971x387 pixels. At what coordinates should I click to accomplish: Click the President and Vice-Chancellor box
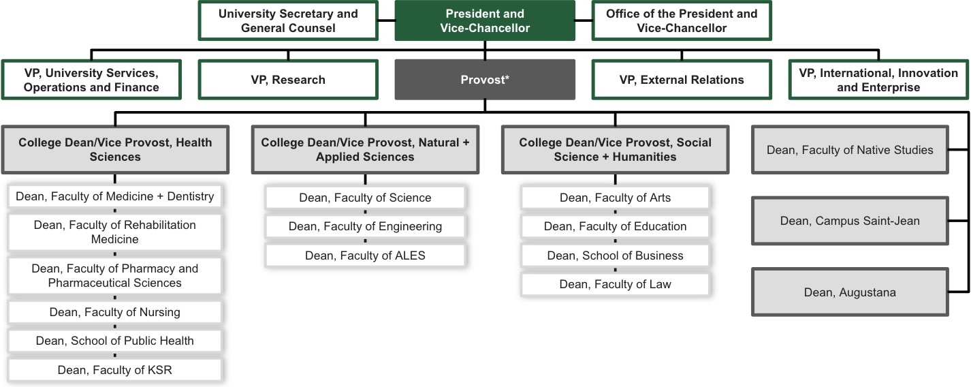tap(484, 21)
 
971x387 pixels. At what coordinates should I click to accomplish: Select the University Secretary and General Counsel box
tap(288, 21)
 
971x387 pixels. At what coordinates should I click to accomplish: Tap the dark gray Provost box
tap(484, 80)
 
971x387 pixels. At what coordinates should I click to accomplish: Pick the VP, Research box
tap(288, 80)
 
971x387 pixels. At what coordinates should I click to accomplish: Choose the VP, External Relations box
tap(682, 80)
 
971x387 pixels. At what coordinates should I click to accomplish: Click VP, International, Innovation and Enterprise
tap(878, 80)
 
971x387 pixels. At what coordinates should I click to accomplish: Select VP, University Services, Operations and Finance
tap(91, 80)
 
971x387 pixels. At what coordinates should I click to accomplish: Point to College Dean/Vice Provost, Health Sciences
tap(115, 149)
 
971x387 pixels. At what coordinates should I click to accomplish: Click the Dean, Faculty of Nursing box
tap(115, 312)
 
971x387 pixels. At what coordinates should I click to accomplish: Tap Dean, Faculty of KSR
tap(115, 370)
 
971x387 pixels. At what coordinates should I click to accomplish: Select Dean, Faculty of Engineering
tap(365, 226)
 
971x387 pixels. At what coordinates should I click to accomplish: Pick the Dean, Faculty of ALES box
tap(365, 256)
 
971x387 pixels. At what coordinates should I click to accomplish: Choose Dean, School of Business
tap(615, 256)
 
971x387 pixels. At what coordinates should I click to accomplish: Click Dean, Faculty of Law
tap(615, 284)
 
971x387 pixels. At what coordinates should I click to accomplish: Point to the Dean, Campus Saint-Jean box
tap(850, 221)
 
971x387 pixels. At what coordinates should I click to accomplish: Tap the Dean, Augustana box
tap(850, 292)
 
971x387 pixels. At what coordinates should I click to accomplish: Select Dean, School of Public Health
tap(115, 341)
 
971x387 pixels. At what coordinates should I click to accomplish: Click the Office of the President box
tap(682, 21)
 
